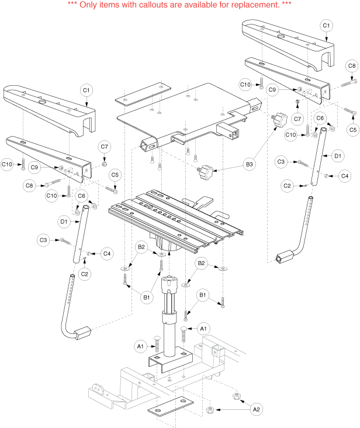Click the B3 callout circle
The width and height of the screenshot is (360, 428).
[x=250, y=166]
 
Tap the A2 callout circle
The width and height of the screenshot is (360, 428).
[x=255, y=409]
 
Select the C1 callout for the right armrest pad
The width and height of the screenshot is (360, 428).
[x=327, y=26]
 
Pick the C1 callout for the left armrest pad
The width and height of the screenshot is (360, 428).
[x=85, y=90]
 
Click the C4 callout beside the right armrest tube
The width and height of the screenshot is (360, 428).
[x=344, y=175]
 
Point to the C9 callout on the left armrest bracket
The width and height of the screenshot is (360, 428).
[x=35, y=168]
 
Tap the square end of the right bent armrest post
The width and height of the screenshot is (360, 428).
[x=286, y=256]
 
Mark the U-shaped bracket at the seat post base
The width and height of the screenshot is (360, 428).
[x=169, y=360]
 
